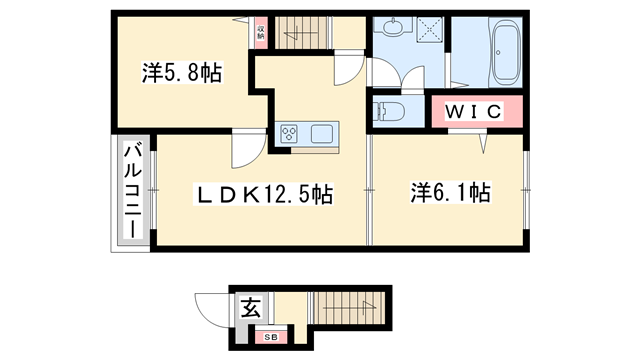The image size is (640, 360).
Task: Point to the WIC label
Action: click(x=475, y=112)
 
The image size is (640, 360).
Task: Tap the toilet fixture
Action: click(x=390, y=110)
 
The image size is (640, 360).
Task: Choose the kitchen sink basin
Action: click(x=326, y=133)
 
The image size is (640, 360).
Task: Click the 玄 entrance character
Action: click(x=249, y=308)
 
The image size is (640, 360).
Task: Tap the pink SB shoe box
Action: click(x=271, y=338)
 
